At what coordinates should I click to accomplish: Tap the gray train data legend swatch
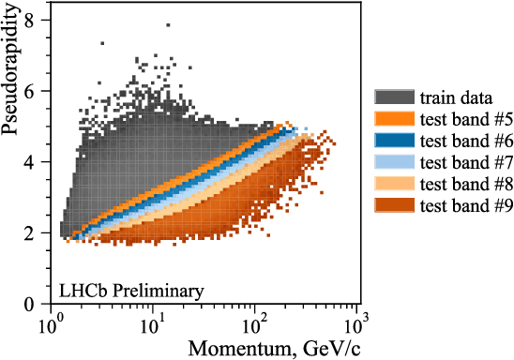(x=393, y=97)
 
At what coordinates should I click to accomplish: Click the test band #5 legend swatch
(x=393, y=118)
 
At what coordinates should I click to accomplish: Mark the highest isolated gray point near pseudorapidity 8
(x=168, y=25)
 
